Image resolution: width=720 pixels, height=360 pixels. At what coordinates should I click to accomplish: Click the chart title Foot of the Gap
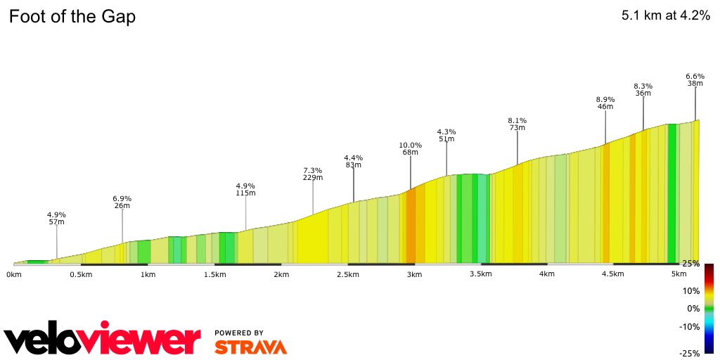pos(72,17)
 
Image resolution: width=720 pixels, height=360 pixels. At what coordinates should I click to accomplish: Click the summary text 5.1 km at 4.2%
pos(665,16)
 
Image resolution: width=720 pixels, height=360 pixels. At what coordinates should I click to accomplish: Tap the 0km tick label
pos(14,274)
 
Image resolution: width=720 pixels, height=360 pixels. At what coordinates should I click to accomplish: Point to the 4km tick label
pos(547,274)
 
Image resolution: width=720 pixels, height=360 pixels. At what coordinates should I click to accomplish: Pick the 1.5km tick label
pos(214,274)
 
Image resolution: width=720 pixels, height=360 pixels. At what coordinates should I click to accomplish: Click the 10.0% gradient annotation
pos(411,146)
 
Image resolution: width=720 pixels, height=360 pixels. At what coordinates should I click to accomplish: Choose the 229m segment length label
pos(313,178)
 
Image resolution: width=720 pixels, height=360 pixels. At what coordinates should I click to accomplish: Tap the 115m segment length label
pos(245,193)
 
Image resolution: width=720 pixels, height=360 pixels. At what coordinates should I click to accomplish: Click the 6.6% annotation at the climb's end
pos(695,76)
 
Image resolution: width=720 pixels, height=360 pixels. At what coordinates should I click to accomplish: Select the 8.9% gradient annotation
pos(605,99)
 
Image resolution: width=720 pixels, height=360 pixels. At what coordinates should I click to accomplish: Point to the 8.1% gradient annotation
pos(517,120)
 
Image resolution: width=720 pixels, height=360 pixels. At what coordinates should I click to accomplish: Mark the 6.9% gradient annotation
pos(122,199)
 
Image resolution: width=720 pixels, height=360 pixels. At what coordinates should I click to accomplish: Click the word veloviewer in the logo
pos(103,341)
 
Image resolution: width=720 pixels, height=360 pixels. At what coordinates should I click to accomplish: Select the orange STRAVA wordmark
pos(250,347)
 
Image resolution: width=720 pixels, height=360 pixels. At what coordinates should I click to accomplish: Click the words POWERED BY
pos(239,333)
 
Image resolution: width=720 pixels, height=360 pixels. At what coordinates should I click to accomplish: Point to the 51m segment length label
pos(446,139)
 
